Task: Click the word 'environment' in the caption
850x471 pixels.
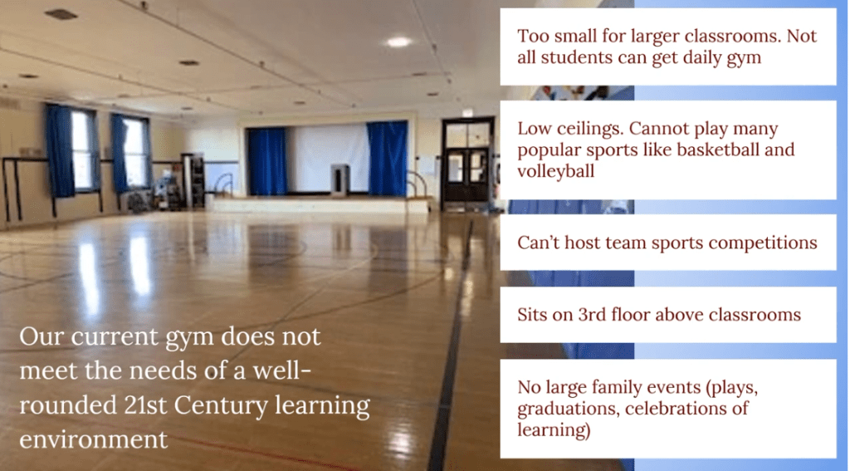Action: click(x=93, y=439)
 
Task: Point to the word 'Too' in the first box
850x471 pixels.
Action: click(x=530, y=36)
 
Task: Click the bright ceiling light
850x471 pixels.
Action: click(x=399, y=42)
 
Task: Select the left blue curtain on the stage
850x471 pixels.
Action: click(x=266, y=161)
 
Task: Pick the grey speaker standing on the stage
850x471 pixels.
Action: click(x=340, y=179)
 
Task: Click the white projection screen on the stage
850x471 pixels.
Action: click(x=327, y=157)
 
